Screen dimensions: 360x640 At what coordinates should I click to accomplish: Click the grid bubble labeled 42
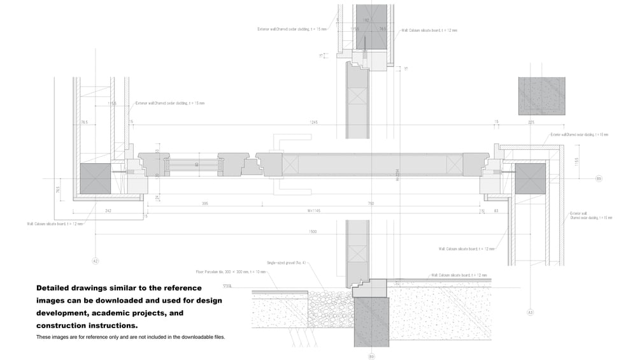tap(96, 261)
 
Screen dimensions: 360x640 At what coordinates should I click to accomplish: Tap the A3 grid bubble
tap(530, 312)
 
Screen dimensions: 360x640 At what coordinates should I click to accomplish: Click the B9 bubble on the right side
tap(599, 179)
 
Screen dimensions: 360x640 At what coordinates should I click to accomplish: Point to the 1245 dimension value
tap(313, 122)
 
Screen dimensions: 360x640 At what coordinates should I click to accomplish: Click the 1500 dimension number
tap(313, 231)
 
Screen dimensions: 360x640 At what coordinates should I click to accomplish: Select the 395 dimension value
tap(205, 204)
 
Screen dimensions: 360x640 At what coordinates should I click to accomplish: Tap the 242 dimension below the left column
tap(108, 211)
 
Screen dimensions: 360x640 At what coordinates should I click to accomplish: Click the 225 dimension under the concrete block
tap(531, 122)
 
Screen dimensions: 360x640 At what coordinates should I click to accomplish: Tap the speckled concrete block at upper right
tap(541, 96)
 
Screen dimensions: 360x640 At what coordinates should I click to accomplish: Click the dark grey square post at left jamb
tap(96, 178)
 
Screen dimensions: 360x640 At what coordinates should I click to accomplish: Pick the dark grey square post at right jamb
tap(530, 178)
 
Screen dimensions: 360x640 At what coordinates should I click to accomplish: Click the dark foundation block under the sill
tap(371, 321)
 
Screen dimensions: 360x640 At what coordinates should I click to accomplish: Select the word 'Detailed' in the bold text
tap(56, 288)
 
